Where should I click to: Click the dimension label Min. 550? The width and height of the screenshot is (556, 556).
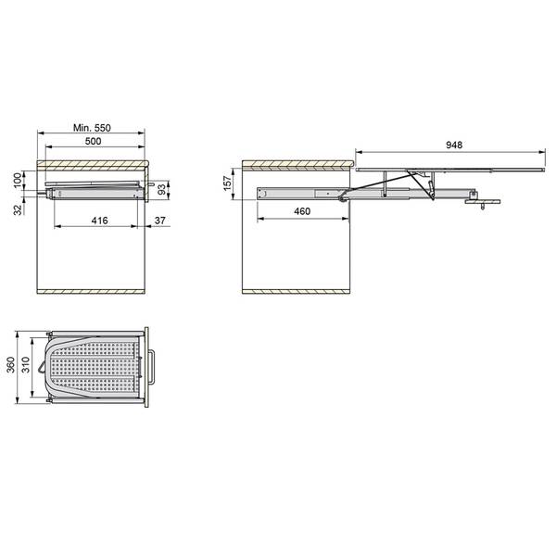tap(92, 128)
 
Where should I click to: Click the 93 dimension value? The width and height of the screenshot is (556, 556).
tap(161, 189)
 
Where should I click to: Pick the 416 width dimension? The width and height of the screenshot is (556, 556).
tap(100, 221)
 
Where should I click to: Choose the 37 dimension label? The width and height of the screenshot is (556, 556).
tap(160, 221)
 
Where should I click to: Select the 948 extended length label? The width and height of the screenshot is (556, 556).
tap(453, 145)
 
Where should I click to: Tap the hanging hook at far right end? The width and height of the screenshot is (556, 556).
tap(484, 208)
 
